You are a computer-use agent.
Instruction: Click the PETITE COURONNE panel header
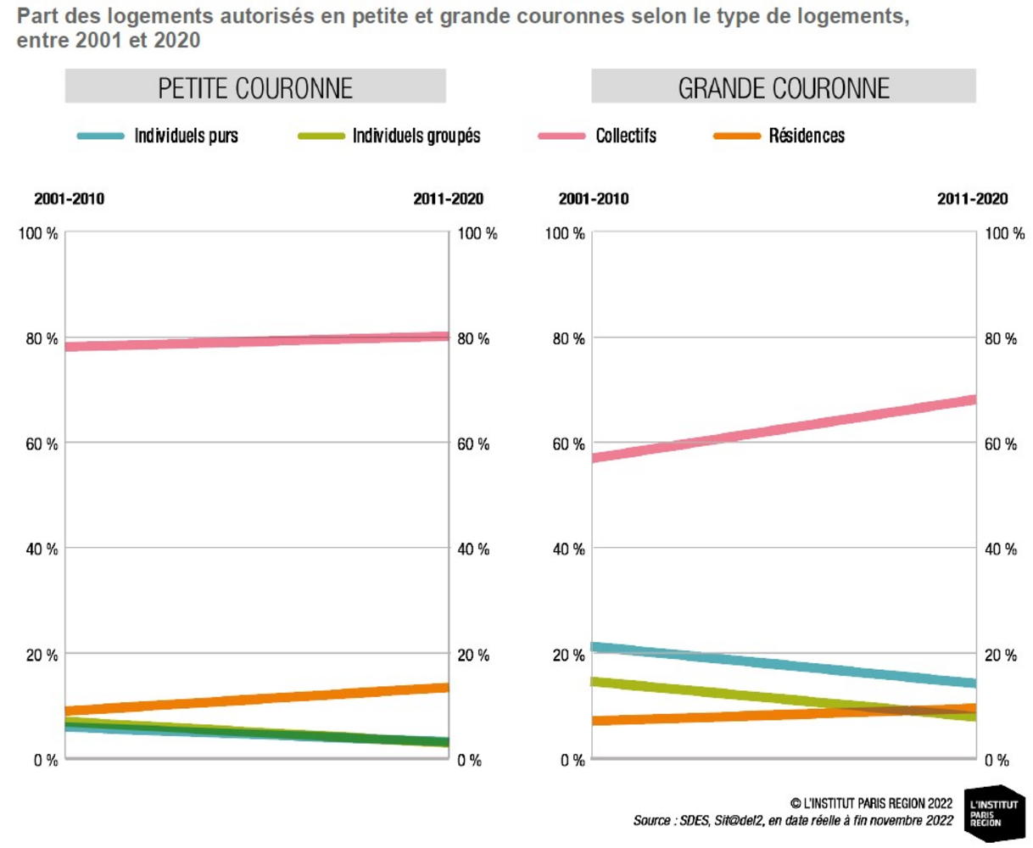[255, 88]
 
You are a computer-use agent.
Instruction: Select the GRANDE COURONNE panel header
[784, 88]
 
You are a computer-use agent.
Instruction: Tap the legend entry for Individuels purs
[186, 136]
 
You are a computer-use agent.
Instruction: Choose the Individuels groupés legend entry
[416, 136]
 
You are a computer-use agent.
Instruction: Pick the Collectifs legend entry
[625, 136]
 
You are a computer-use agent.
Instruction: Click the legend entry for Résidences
[806, 136]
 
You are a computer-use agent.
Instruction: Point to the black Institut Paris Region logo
[996, 812]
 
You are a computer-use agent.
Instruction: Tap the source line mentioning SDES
[792, 821]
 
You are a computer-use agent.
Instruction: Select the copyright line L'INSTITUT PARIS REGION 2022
[871, 803]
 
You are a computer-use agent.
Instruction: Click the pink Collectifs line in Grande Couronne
[784, 428]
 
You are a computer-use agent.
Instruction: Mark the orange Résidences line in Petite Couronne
[255, 700]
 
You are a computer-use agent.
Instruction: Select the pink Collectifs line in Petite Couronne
[255, 342]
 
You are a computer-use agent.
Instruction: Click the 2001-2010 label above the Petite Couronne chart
[70, 199]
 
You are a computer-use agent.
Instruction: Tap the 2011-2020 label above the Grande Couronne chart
[972, 199]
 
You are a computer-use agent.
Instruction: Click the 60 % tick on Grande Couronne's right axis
[1000, 444]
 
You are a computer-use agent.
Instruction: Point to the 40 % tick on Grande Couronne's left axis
[565, 550]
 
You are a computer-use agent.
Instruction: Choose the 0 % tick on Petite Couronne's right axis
[469, 761]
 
